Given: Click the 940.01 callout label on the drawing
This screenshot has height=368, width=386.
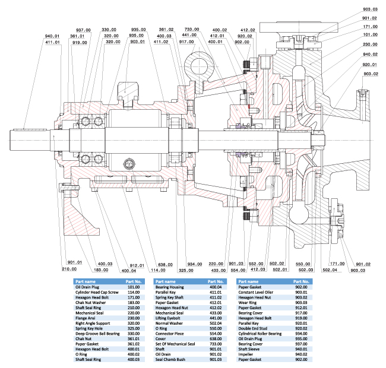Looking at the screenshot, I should click(53, 36).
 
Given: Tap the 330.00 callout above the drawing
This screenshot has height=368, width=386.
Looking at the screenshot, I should click(109, 29).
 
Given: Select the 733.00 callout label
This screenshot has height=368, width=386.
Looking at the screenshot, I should click(192, 29).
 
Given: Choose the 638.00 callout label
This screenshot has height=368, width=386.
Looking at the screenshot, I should click(165, 265).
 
